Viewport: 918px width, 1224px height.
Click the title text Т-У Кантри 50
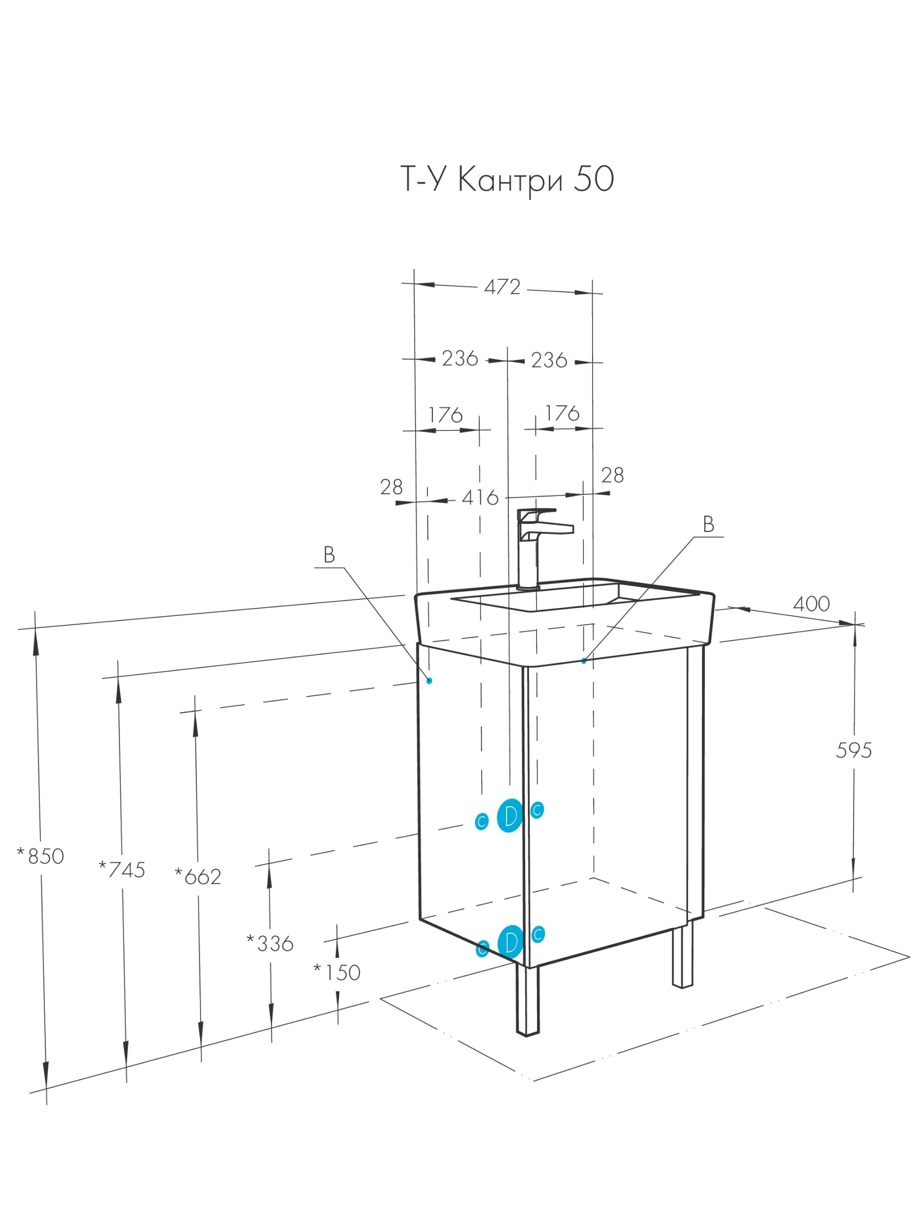507,181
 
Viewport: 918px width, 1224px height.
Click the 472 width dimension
502,287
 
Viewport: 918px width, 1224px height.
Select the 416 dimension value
480,498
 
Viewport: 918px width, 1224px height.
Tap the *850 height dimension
40,856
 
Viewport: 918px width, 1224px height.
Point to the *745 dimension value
122,870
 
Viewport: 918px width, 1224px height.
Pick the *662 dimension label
197,877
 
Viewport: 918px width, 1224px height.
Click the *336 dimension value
269,943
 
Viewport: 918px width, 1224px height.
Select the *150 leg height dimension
337,972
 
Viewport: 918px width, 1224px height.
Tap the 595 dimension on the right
853,751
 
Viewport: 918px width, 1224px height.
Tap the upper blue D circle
509,815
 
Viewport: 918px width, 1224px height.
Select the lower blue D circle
510,942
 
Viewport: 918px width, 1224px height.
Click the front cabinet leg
527,1000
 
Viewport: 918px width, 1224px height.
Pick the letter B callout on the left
329,554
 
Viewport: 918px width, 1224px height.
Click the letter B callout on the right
708,524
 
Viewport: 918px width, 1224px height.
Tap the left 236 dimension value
460,359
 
